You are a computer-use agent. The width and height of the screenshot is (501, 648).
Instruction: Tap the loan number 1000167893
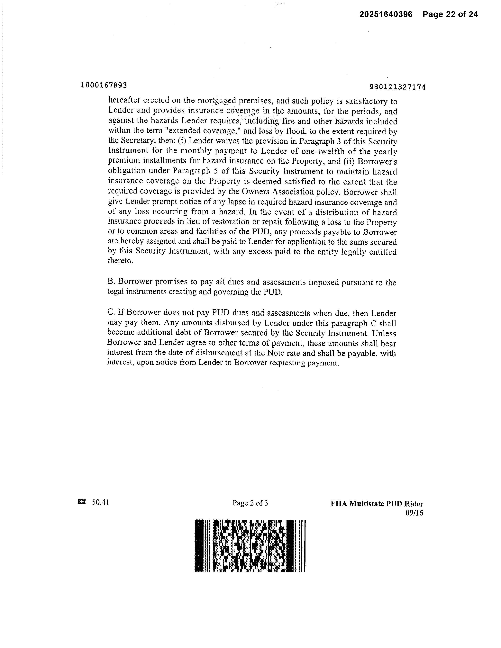pyautogui.click(x=104, y=85)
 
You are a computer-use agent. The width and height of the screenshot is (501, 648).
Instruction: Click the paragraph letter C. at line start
pyautogui.click(x=111, y=312)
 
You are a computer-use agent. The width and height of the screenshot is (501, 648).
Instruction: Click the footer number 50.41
pyautogui.click(x=100, y=502)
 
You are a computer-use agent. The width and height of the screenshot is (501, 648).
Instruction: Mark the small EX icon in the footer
pyautogui.click(x=82, y=502)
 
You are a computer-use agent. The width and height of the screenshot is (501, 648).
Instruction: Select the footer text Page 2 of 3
pyautogui.click(x=250, y=503)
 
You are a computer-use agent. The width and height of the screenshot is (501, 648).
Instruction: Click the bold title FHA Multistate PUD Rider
pyautogui.click(x=377, y=503)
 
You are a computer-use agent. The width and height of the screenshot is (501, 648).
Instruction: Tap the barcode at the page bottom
pyautogui.click(x=250, y=546)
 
